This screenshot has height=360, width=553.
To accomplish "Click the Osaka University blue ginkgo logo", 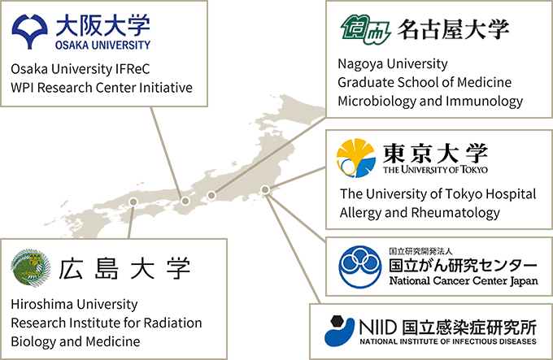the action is [x=29, y=32].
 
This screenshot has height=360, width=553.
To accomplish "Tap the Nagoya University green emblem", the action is [x=365, y=29].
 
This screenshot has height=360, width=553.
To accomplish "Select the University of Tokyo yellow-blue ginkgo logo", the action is [x=355, y=158].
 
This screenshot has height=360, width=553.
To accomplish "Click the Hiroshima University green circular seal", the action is [x=30, y=267].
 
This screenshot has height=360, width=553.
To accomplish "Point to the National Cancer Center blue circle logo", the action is [x=359, y=267].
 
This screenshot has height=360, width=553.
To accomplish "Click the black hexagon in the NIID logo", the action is [x=337, y=321].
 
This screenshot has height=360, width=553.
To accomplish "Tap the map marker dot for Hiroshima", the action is [x=133, y=202].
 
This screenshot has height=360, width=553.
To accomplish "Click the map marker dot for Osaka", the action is [x=185, y=202].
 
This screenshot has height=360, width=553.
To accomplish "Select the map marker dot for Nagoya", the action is [x=211, y=195].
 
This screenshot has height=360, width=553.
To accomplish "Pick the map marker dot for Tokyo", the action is [x=265, y=190].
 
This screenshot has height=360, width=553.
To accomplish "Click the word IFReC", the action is [x=133, y=69].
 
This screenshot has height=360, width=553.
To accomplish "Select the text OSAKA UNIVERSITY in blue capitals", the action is [x=102, y=45].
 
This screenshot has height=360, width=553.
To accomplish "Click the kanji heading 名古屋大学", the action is [x=454, y=29].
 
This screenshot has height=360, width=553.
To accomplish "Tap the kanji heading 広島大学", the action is [x=124, y=269].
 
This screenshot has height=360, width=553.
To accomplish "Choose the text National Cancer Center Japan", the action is [x=464, y=280].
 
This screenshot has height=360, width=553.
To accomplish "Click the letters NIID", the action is [x=377, y=327].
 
